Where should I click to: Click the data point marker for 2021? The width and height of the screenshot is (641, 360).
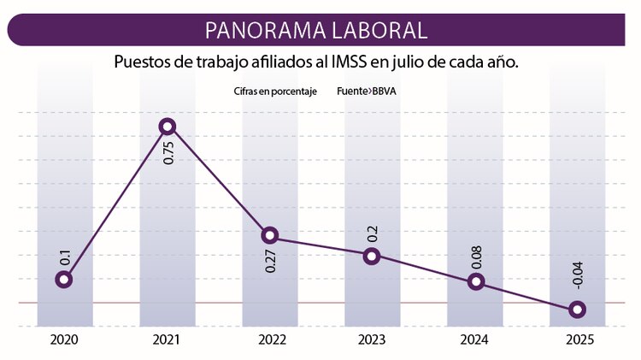(168, 127)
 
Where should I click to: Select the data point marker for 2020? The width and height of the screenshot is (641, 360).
(64, 280)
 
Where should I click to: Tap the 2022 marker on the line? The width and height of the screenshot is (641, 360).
(270, 235)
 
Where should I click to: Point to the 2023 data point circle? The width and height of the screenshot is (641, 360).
(372, 256)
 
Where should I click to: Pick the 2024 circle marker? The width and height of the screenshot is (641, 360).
(476, 282)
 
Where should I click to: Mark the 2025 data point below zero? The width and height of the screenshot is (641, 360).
(578, 310)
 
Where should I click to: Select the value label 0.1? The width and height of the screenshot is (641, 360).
(65, 256)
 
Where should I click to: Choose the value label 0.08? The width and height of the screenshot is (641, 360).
(476, 256)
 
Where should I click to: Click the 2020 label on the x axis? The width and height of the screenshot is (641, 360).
(64, 340)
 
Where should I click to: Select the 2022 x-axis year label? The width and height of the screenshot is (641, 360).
(271, 340)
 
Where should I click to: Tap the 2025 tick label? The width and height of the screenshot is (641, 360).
(579, 340)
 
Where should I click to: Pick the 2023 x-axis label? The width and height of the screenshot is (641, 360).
(373, 340)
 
